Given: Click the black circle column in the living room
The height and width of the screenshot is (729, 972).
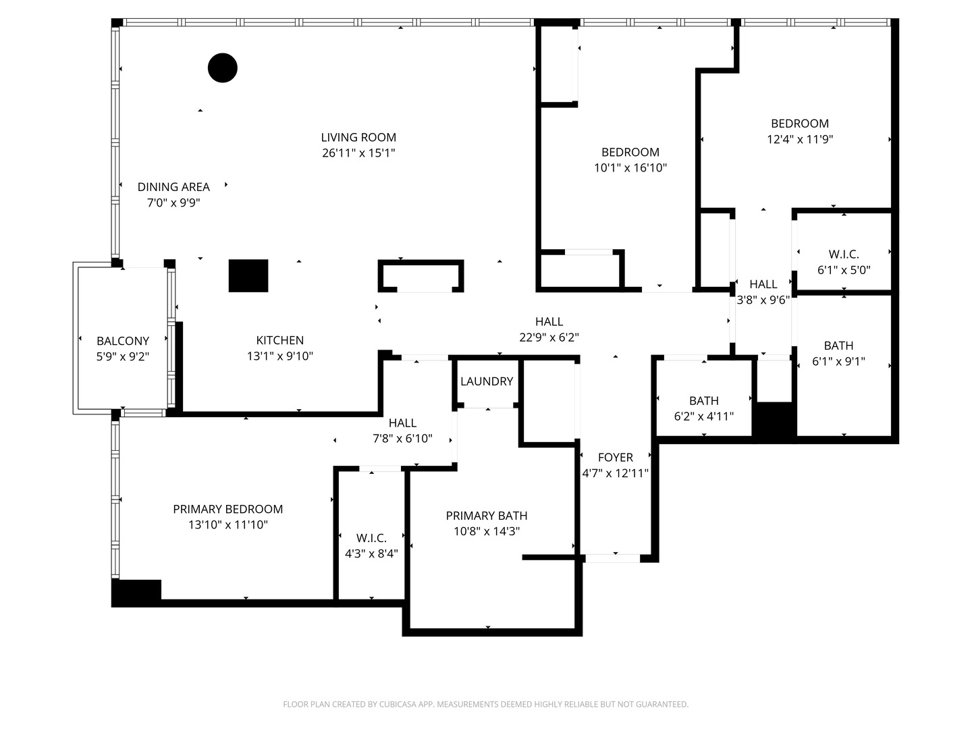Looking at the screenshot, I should pos(223,67).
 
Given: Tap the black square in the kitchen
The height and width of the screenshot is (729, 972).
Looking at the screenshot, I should pos(248,275).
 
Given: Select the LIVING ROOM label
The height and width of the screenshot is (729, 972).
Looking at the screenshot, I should pos(358,138).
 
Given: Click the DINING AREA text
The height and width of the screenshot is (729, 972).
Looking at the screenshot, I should pos(173,187).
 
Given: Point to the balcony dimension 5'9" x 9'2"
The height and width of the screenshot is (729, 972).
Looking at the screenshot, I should pos(123,356).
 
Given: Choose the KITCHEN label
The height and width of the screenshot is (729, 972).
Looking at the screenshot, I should pos(280,340).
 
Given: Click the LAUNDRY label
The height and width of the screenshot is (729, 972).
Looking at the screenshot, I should pos(487,381).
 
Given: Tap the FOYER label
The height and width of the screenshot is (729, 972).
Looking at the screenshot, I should pos(615,458).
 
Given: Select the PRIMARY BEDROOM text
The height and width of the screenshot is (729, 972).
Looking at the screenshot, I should pos(227,509).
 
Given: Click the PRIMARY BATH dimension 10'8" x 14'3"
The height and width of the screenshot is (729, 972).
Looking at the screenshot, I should pos(487,531).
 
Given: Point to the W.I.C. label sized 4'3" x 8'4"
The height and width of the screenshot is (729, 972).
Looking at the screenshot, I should pos(371,538).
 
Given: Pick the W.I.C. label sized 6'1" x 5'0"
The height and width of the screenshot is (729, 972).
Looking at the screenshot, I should pos(844,254).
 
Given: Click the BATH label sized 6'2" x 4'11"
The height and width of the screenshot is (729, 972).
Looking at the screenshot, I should pos(704,401).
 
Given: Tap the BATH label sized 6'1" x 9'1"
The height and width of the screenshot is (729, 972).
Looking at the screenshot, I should pos(838,346).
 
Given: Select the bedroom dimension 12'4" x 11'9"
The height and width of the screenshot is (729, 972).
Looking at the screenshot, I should pos(800,140).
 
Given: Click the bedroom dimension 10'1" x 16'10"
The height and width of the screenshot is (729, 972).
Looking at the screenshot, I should pos(630,168).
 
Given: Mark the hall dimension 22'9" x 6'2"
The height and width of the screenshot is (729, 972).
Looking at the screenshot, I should pos(549,337).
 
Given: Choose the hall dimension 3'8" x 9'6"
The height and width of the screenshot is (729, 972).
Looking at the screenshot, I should pos(763,300).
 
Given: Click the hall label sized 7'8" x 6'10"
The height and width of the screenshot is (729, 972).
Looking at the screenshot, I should pos(402,423).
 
